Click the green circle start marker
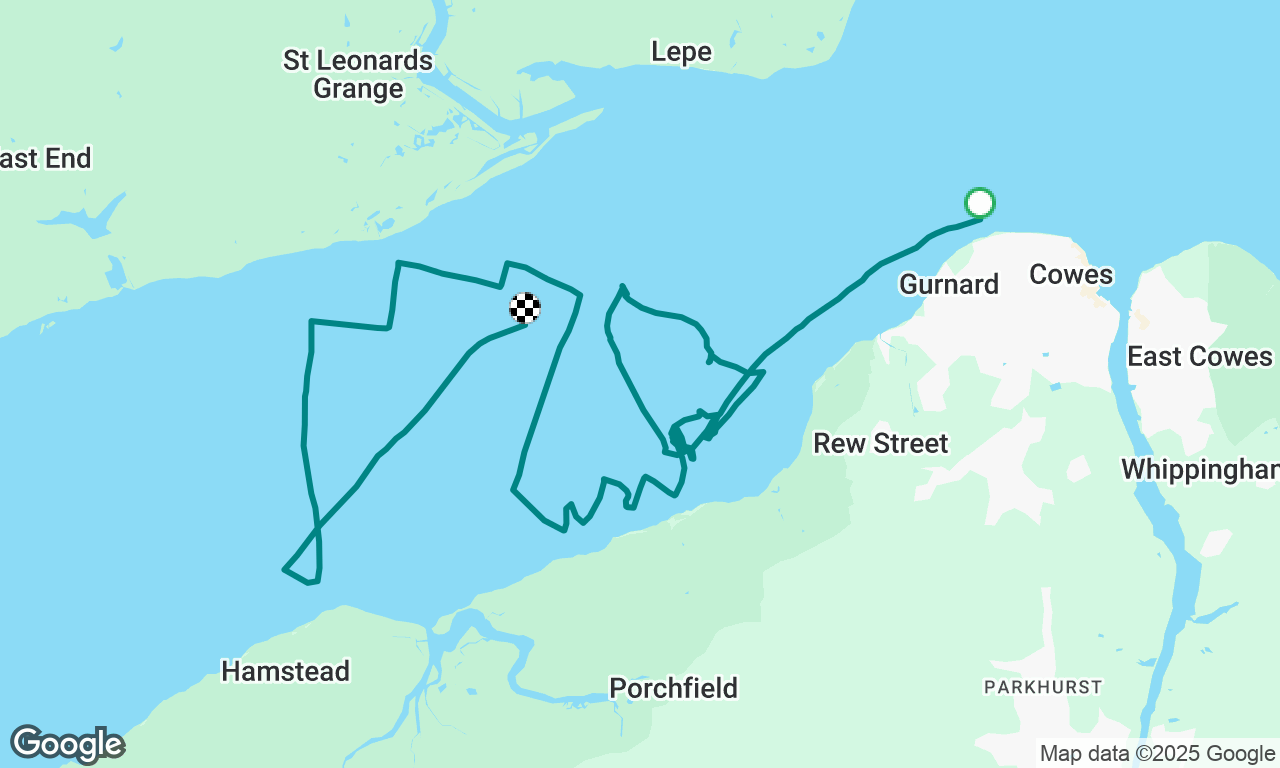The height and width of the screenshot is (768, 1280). (x=979, y=203)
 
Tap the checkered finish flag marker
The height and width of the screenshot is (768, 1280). (x=525, y=307)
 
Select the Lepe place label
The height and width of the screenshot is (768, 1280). (x=681, y=52)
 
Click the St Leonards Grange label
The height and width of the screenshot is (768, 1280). (x=358, y=74)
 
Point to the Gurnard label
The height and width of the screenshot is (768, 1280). (x=948, y=285)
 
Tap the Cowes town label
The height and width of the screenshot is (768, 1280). (x=1070, y=275)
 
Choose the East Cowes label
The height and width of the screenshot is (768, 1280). (x=1199, y=357)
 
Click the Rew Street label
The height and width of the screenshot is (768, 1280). (x=880, y=443)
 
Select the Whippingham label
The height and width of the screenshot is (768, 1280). (x=1199, y=469)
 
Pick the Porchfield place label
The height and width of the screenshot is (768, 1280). (x=673, y=688)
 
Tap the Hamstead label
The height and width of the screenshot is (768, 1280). (x=285, y=671)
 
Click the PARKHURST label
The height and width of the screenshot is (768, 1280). (x=1042, y=687)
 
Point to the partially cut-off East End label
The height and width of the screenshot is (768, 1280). (x=45, y=158)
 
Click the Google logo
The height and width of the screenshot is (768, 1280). (x=67, y=745)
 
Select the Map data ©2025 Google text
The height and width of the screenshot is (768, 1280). (x=1157, y=754)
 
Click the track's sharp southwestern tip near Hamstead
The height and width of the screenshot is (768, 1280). (x=285, y=570)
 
